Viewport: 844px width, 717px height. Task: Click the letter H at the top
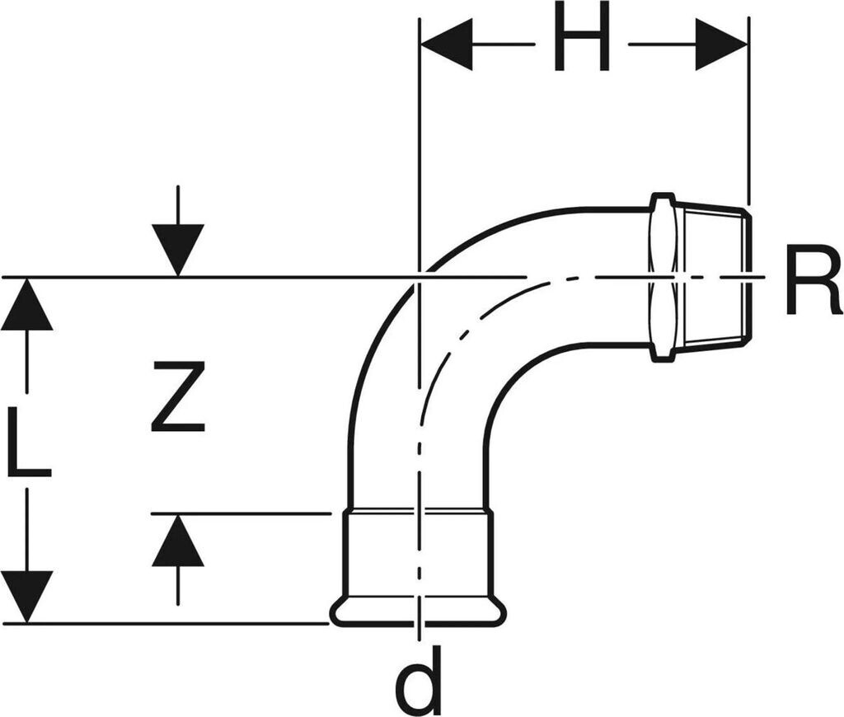(581, 37)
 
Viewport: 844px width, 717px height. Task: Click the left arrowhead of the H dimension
(446, 44)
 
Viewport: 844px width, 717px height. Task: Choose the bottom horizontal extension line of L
(165, 623)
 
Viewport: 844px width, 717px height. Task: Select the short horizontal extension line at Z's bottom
(247, 513)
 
